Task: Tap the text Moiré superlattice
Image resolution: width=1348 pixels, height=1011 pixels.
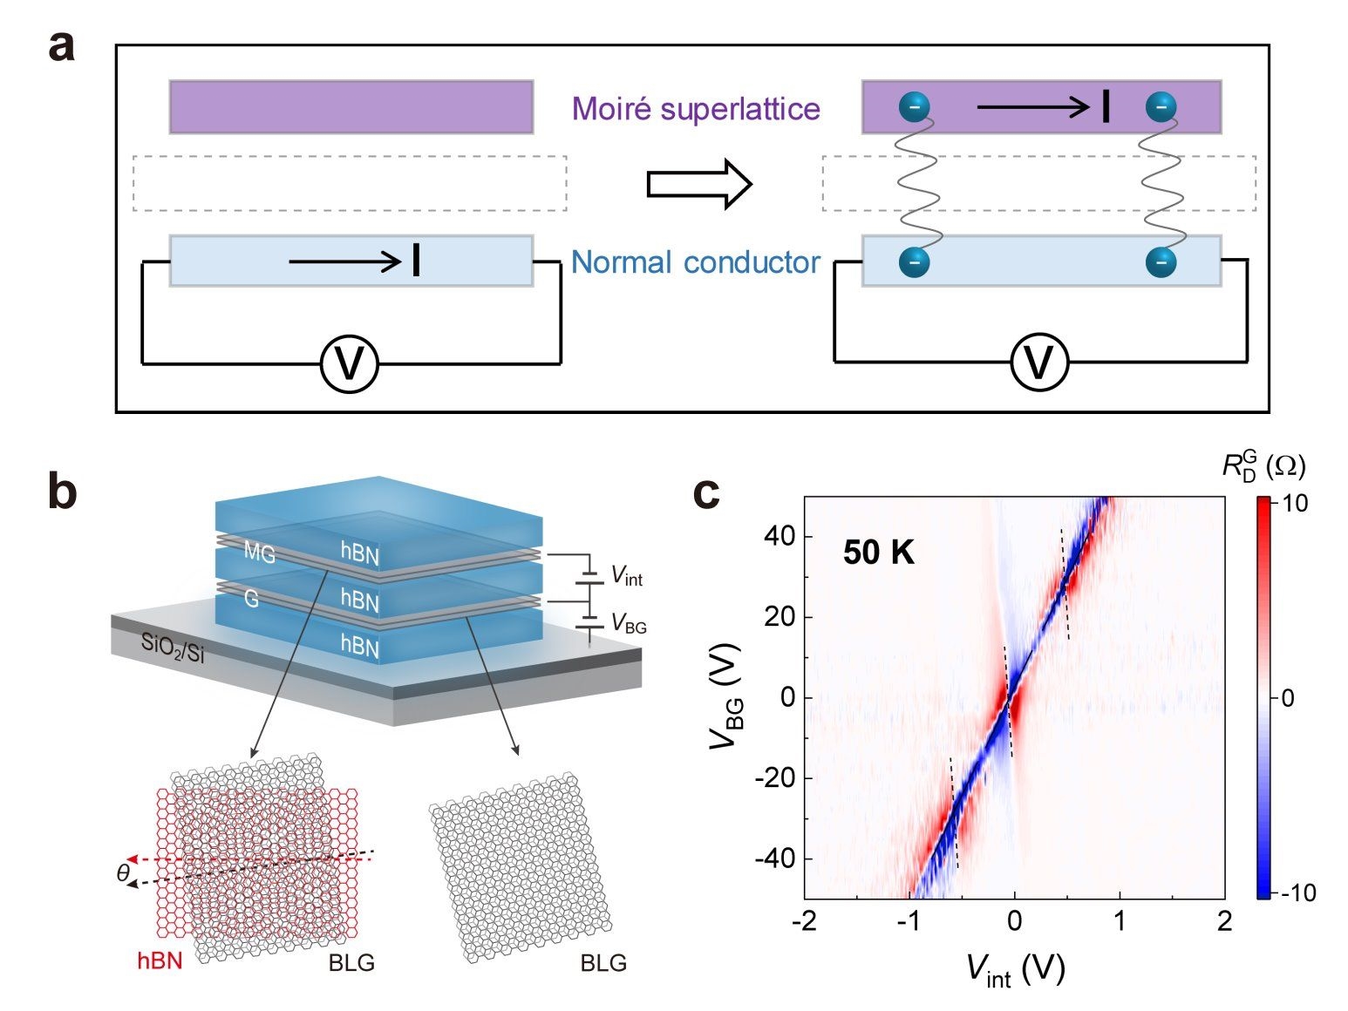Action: (x=695, y=109)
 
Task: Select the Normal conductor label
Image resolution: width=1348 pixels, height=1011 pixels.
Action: (x=695, y=262)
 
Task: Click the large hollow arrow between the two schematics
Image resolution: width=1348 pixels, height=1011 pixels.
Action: (x=698, y=185)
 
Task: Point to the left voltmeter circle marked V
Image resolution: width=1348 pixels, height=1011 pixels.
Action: (x=350, y=363)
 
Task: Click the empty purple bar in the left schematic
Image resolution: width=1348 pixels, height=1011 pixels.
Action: (x=351, y=107)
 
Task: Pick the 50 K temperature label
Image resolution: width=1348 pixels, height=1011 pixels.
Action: (x=878, y=553)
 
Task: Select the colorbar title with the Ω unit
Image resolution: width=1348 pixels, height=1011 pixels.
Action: (x=1263, y=466)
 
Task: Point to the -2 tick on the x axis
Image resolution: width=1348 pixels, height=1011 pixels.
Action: (x=804, y=921)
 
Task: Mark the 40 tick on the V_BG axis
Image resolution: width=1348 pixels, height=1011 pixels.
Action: (x=780, y=536)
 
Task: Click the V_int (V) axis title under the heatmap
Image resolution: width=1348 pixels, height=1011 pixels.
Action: (x=1015, y=970)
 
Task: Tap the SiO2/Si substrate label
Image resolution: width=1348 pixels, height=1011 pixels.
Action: (x=173, y=648)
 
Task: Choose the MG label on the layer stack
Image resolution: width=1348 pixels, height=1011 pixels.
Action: (x=259, y=552)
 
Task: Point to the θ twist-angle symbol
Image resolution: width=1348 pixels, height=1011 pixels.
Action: (x=124, y=872)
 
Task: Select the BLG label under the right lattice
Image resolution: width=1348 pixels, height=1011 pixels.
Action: (x=603, y=963)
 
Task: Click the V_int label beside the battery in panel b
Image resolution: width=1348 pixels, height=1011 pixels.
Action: (x=626, y=575)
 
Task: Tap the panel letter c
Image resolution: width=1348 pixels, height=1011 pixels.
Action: (x=706, y=493)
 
